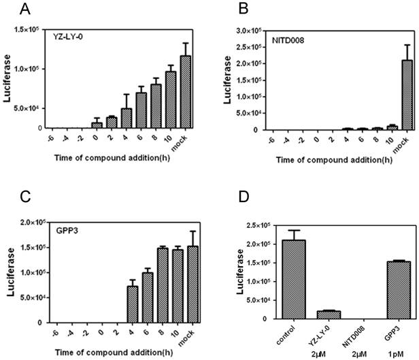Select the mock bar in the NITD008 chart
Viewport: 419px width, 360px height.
click(388, 95)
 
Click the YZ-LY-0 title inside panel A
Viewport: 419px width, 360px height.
click(69, 37)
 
